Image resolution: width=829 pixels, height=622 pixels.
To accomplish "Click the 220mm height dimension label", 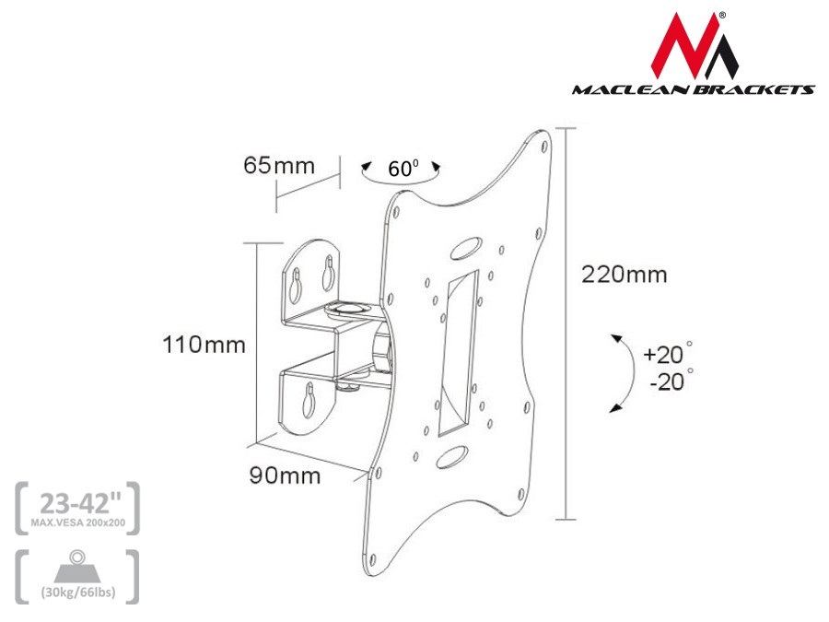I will click(624, 275).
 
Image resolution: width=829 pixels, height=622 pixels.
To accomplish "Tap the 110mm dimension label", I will click(204, 346).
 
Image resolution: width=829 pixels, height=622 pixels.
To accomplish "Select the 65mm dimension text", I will click(279, 166).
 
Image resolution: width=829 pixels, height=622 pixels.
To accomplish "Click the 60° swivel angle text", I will click(403, 169).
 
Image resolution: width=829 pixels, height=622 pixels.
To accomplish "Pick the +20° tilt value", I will click(667, 354).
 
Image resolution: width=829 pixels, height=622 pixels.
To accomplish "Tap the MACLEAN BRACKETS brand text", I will click(693, 89).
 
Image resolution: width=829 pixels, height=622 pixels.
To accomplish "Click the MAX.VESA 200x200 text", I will click(78, 523).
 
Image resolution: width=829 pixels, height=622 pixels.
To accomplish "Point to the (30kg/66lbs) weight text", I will click(78, 592).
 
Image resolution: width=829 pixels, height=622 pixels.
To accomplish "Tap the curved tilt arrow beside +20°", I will click(626, 372).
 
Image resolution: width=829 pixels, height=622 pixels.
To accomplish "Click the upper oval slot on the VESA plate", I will click(466, 249).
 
